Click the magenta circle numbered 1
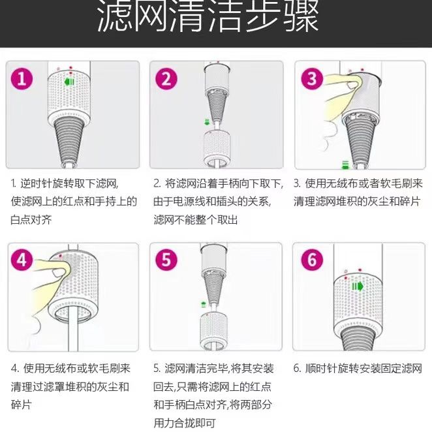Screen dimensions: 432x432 pos(22,79)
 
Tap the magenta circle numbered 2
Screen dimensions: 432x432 pos(166,79)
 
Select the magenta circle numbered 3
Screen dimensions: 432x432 pos(312,78)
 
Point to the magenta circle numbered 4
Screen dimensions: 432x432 pos(22,260)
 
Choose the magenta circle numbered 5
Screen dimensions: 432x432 pos(166,260)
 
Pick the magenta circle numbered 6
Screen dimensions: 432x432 pos(312,260)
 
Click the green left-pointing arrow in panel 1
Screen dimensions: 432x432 pos(69,82)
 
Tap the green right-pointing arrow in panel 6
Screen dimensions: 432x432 pos(358,286)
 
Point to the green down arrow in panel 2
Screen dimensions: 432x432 pos(207,122)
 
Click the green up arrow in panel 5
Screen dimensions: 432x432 pos(204,305)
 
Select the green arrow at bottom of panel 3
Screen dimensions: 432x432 pos(345,164)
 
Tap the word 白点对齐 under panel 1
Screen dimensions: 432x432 pos(31,220)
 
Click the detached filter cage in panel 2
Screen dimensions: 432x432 pos(217,148)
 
